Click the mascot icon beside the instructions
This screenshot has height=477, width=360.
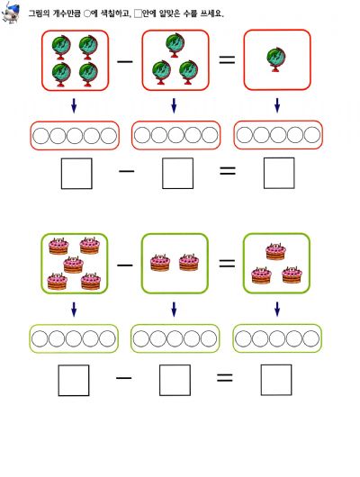coord(10,13)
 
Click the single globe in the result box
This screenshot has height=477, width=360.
coord(276,59)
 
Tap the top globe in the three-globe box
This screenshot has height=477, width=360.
coord(175,46)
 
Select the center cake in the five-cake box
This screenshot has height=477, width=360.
coord(73,265)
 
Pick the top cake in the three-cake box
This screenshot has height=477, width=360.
coord(275,251)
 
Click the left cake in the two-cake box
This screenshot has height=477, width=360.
coord(160,263)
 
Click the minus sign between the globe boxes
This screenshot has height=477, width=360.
coord(125,61)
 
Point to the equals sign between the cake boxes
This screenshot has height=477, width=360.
coord(227,263)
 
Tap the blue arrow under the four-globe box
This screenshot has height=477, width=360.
coord(74,105)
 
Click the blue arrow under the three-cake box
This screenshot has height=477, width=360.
coord(277,309)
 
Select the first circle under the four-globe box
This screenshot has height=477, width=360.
coord(40,136)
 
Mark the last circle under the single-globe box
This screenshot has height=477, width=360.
coord(312,135)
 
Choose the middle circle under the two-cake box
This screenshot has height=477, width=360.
coord(175,338)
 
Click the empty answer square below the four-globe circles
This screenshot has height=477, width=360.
coord(76,174)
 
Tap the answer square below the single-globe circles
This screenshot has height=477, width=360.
coord(279,173)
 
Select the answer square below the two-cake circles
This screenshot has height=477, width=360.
coord(175,381)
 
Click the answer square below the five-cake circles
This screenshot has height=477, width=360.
coord(74,381)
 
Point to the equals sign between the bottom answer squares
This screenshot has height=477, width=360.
coord(225,378)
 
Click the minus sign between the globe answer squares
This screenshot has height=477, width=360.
coord(126,171)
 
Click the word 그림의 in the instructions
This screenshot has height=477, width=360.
coord(40,13)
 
